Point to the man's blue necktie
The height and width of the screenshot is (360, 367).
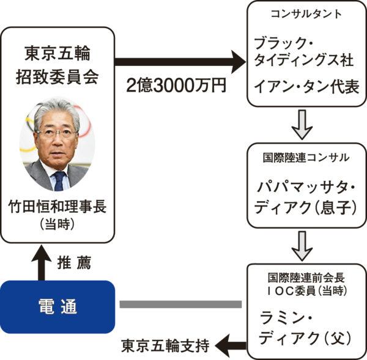[x=59, y=180]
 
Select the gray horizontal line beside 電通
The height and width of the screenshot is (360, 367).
[x=180, y=304]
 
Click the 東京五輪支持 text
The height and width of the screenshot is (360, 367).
[x=165, y=345]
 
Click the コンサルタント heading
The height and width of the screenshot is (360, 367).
[x=305, y=13]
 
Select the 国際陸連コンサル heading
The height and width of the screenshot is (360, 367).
[x=306, y=157]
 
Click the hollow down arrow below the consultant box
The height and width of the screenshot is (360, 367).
[x=305, y=124]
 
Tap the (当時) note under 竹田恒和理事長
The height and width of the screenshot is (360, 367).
[x=58, y=224]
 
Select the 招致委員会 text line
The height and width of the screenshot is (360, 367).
[x=58, y=76]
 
